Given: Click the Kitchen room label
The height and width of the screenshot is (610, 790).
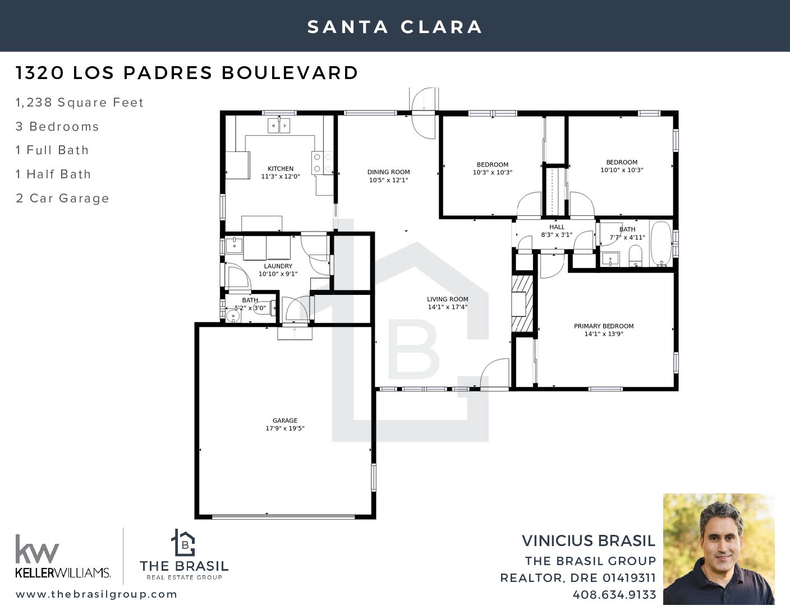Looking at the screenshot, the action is tap(281, 169).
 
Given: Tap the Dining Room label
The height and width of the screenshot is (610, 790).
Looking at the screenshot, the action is tap(388, 172).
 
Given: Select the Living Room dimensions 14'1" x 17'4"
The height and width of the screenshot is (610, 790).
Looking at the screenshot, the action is tap(448, 307).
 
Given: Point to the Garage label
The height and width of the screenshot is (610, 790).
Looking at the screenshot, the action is tap(285, 420).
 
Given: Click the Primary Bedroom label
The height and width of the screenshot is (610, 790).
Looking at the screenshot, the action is tap(604, 326).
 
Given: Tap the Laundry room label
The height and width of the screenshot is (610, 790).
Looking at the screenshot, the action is tap(278, 266).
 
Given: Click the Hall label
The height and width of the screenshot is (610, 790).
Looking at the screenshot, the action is tap(557, 227).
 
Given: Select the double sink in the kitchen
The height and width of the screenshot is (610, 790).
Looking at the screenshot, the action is tap(279, 126).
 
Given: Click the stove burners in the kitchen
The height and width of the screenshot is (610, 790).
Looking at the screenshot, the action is tap(323, 163).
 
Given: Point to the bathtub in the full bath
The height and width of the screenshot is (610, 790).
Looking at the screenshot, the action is tap(661, 244).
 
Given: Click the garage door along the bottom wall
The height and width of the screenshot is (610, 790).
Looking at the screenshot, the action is tap(283, 516).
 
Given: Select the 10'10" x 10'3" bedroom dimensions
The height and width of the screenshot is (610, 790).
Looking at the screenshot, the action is tap(622, 170).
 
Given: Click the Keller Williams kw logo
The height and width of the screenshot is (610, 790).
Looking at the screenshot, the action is tap(37, 548).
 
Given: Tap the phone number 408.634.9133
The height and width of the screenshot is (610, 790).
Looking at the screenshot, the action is tap(614, 595).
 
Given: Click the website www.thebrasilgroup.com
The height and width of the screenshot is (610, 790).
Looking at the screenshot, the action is tap(97, 594).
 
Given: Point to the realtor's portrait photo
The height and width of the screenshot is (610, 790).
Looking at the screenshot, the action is tap(719, 549).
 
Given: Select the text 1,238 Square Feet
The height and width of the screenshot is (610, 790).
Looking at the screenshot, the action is tap(80, 103).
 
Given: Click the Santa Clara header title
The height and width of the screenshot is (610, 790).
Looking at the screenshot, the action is tap(395, 27).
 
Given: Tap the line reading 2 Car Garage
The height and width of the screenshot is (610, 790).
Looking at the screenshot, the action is tap(62, 198).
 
